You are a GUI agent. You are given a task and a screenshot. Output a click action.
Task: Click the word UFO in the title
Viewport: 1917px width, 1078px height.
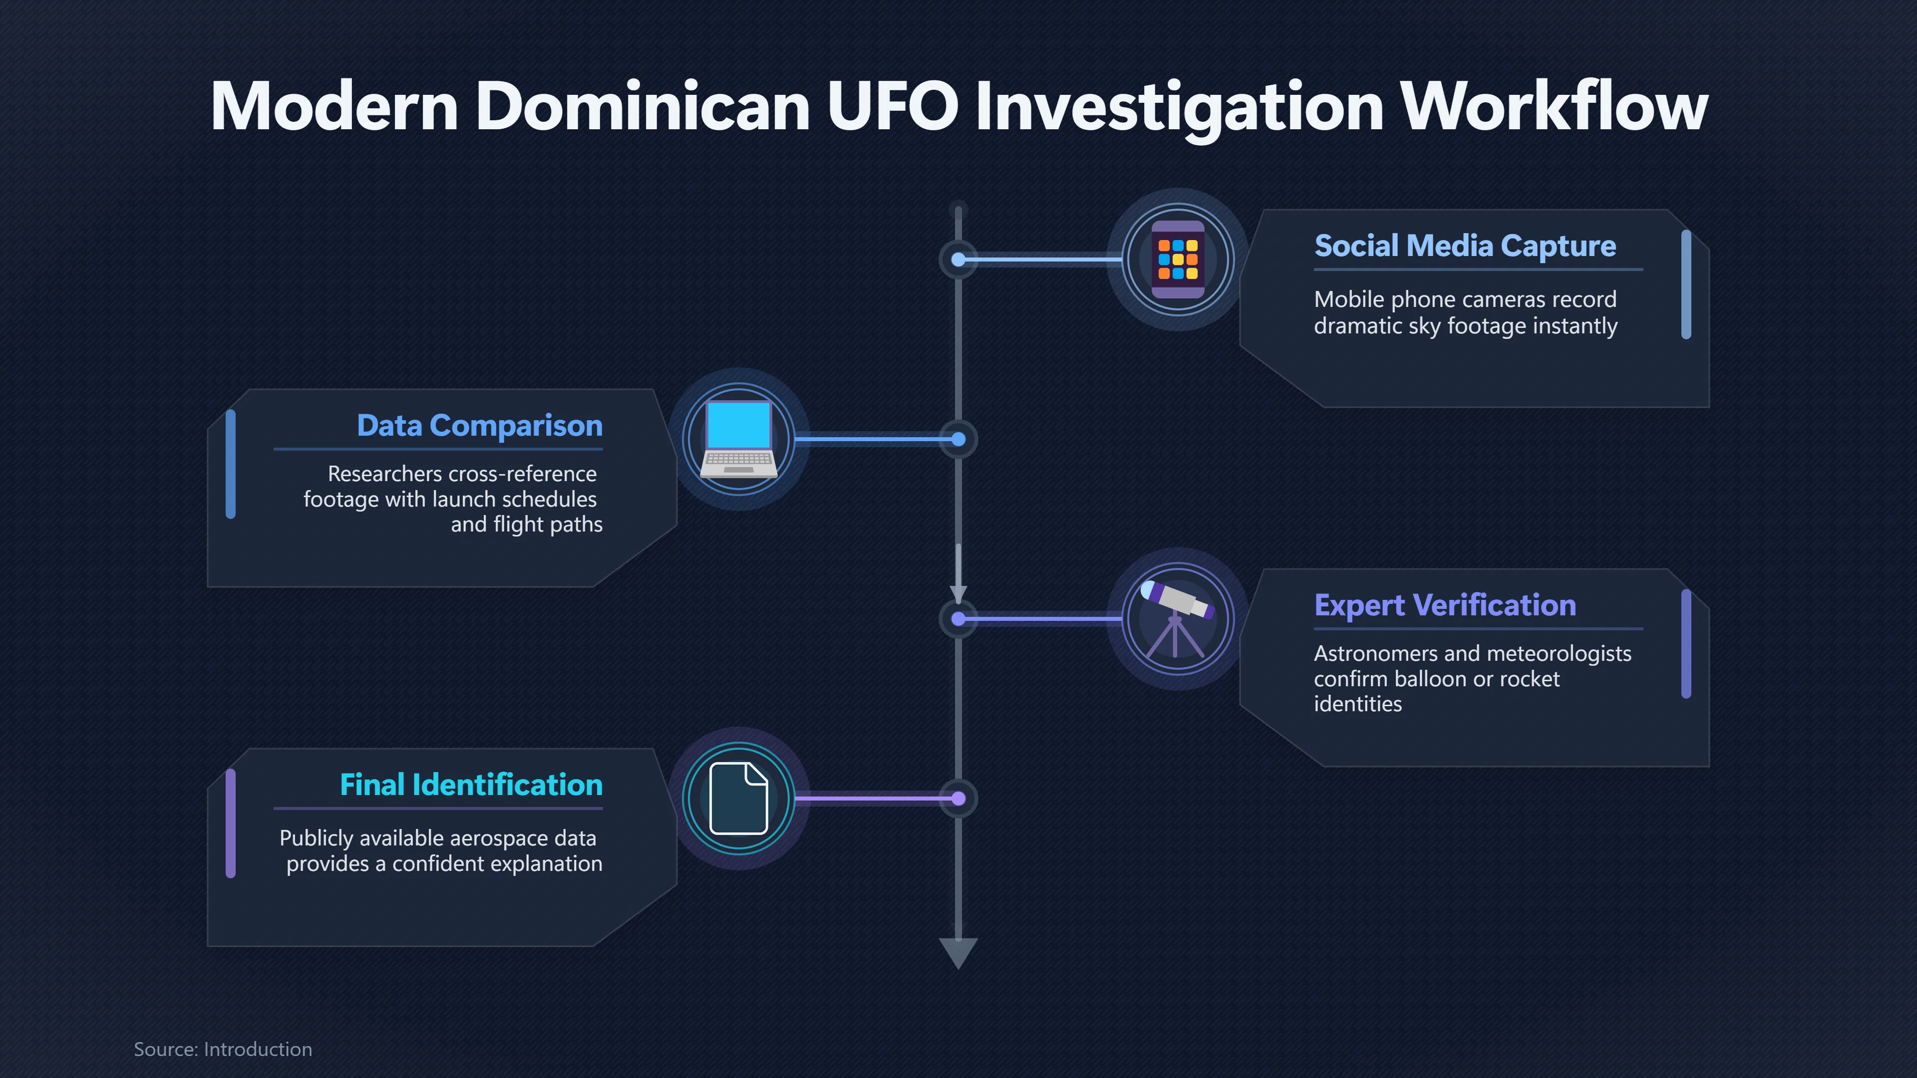coord(892,106)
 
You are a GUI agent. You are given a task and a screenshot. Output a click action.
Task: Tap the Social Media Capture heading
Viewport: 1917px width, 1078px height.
coord(1465,246)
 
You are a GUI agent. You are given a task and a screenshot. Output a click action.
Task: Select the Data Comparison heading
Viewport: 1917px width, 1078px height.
coord(479,426)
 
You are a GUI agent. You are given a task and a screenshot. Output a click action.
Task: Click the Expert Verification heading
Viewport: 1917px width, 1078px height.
coord(1444,605)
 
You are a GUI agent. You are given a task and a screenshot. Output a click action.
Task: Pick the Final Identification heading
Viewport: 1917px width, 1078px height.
coord(471,785)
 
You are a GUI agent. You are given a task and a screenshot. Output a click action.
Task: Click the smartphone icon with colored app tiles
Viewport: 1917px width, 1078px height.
coord(1178,260)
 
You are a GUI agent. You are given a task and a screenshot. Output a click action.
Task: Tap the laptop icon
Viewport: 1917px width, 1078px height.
coord(739,439)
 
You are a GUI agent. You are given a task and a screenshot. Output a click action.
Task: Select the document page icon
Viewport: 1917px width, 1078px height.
coord(738,799)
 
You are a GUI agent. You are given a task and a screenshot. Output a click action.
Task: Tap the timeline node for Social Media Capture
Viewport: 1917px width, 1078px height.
coord(958,260)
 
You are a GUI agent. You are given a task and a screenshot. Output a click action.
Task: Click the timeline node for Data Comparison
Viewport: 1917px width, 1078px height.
coord(958,440)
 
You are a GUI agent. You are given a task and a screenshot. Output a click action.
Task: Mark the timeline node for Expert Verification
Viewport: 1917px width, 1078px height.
coord(958,619)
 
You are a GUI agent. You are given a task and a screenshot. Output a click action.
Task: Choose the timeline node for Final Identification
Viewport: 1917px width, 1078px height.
coord(958,799)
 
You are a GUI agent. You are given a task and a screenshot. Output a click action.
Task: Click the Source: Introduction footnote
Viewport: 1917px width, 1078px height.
coord(223,1049)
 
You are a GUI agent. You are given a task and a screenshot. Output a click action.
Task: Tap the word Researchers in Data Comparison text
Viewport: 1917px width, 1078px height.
coord(385,474)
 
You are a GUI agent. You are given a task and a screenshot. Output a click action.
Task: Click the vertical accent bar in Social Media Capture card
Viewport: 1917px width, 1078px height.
coord(1686,284)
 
